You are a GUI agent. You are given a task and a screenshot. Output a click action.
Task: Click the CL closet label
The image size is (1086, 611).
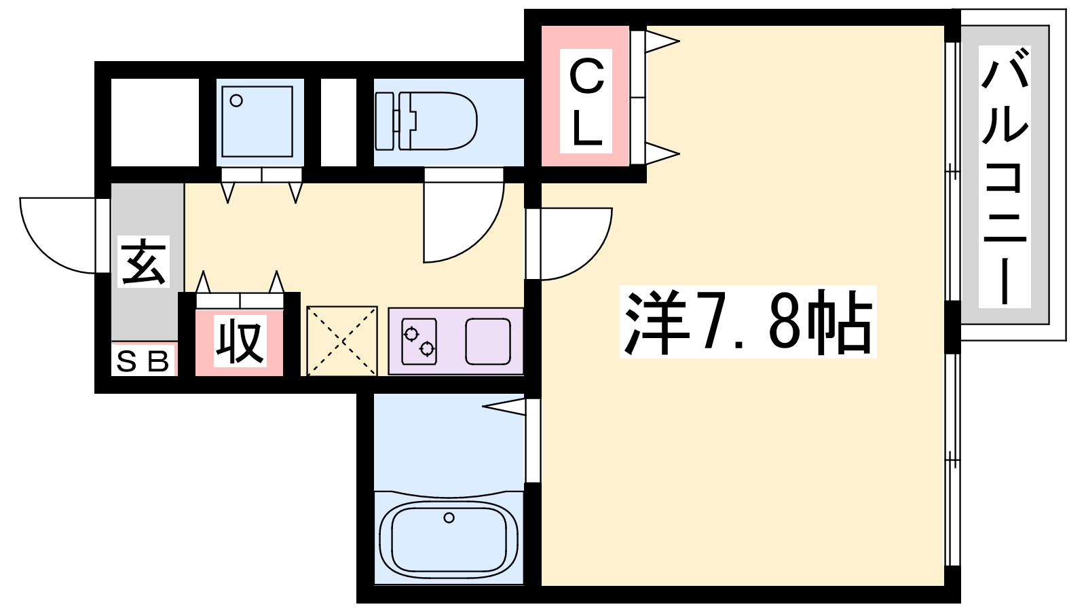pyautogui.click(x=586, y=101)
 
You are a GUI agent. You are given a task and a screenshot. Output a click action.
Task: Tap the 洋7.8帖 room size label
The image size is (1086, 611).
pyautogui.click(x=748, y=322)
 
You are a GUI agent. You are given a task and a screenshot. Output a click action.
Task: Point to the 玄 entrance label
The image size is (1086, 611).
pyautogui.click(x=143, y=261)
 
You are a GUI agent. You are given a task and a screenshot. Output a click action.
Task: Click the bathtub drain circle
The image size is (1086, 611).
pyautogui.click(x=449, y=518)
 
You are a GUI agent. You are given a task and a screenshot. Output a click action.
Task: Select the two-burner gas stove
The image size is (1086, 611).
pyautogui.click(x=419, y=341)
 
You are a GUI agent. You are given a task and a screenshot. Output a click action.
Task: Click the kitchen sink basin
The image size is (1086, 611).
pyautogui.click(x=488, y=341)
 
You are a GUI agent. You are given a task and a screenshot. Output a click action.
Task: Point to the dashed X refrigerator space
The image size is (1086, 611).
pyautogui.click(x=342, y=341)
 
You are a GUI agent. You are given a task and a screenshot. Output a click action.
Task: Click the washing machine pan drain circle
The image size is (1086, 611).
pyautogui.click(x=236, y=101)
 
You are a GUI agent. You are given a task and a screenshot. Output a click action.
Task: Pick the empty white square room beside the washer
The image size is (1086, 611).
pyautogui.click(x=155, y=122)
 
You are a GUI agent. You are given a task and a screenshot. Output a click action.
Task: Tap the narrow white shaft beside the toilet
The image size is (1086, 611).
pyautogui.click(x=339, y=122)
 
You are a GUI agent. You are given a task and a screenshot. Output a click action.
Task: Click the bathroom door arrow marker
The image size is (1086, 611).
pyautogui.click(x=504, y=407)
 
